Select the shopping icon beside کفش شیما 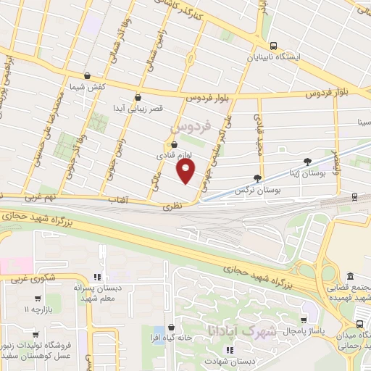tap(87, 75)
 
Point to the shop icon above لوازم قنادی tap(174, 143)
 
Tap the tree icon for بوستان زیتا tap(308, 162)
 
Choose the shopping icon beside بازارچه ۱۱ tap(36, 298)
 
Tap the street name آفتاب tap(118, 199)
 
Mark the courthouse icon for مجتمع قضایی tap(351, 276)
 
